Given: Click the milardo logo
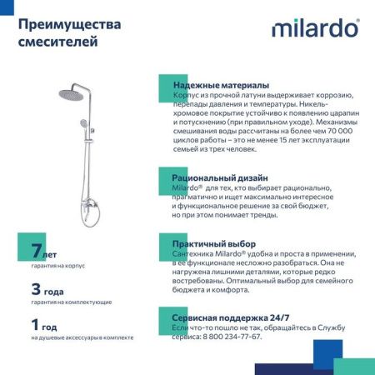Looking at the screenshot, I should pos(315,28).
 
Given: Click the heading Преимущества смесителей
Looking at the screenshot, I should pos(69,32).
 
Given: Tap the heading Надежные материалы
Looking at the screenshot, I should pos(221,85).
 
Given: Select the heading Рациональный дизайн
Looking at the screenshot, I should pos(220,177).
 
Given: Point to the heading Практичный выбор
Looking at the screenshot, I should pos(213,244).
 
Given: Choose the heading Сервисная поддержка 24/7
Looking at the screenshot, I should pos(231,317).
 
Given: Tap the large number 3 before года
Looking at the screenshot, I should pos(36,290).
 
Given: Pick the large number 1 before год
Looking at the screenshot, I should pos(35,326).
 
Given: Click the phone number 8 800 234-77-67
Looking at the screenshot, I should pos(226,337).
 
